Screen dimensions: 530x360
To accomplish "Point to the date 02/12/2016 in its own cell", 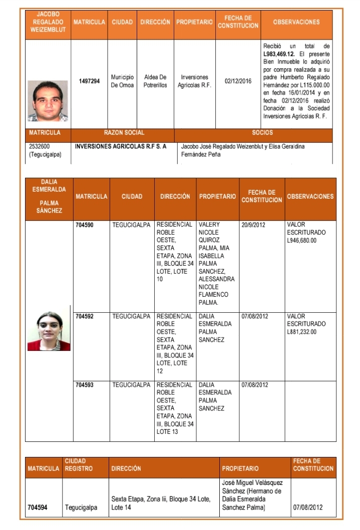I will point(238,81).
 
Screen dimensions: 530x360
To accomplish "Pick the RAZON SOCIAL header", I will point(124,133).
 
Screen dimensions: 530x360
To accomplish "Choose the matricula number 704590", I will point(84,225).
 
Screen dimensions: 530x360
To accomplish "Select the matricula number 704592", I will point(84,316).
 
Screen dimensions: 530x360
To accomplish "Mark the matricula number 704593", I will point(84,385).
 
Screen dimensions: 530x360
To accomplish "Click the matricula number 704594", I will point(38,507).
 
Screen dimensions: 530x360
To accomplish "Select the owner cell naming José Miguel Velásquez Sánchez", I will point(253,495).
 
